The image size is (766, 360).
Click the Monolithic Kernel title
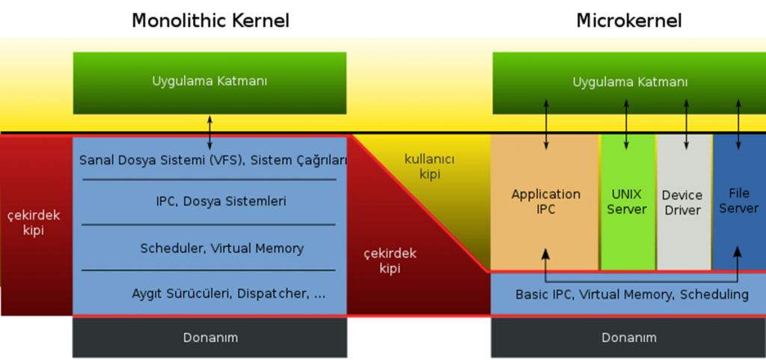pyautogui.click(x=210, y=20)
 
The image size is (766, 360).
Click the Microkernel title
pyautogui.click(x=628, y=20)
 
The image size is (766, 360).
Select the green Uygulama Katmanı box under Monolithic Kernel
pyautogui.click(x=209, y=82)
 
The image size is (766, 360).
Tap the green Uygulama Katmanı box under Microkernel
pyautogui.click(x=630, y=82)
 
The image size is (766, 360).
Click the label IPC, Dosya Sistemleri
pyautogui.click(x=210, y=201)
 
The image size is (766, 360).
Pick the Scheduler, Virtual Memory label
pyautogui.click(x=210, y=248)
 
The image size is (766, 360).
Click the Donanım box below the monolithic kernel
pyautogui.click(x=210, y=338)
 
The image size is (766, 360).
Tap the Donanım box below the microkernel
pyautogui.click(x=628, y=338)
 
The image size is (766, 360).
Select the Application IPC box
pyautogui.click(x=545, y=202)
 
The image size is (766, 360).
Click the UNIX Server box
pyautogui.click(x=627, y=202)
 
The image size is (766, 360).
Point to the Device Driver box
pyautogui.click(x=682, y=203)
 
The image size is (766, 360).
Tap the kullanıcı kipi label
pyautogui.click(x=429, y=167)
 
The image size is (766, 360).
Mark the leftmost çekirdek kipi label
pyautogui.click(x=34, y=223)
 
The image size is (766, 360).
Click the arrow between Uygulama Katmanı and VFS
pyautogui.click(x=209, y=132)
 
